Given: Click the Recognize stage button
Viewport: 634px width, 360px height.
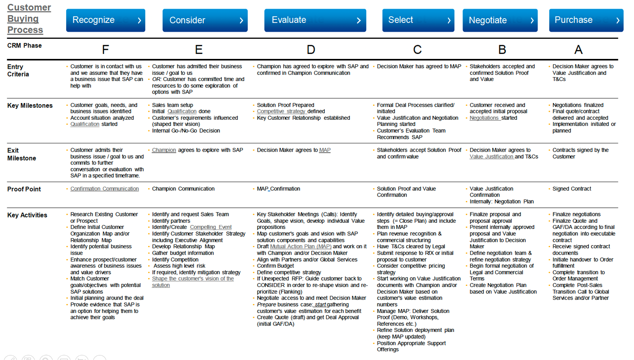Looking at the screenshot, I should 105,20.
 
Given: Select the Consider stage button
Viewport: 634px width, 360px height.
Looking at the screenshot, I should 205,20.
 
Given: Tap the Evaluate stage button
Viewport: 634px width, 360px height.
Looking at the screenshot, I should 315,20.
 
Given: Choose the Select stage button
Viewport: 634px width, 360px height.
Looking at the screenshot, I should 418,20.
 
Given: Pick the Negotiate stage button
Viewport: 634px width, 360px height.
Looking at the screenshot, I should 500,20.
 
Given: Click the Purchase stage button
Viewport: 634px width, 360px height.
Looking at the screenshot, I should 586,20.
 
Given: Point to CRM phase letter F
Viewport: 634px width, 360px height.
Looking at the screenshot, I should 105,49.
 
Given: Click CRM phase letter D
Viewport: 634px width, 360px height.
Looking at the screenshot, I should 311,49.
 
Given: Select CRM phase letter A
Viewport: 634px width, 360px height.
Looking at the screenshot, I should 578,49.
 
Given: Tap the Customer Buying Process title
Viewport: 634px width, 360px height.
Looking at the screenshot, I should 28,19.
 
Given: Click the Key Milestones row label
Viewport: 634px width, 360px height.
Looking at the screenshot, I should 30,106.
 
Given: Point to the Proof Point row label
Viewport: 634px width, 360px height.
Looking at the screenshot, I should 24,189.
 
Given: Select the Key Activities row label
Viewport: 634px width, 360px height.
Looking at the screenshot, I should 27,215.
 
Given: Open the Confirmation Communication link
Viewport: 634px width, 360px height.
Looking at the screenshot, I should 104,189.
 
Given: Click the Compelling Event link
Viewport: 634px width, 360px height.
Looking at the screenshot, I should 211,227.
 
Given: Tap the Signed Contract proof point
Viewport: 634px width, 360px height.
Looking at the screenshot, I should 572,189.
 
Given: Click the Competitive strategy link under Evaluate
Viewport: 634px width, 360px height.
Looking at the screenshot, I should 281,111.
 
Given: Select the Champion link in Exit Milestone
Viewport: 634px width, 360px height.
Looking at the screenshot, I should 164,150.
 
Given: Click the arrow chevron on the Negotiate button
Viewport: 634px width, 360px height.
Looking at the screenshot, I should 532,21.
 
